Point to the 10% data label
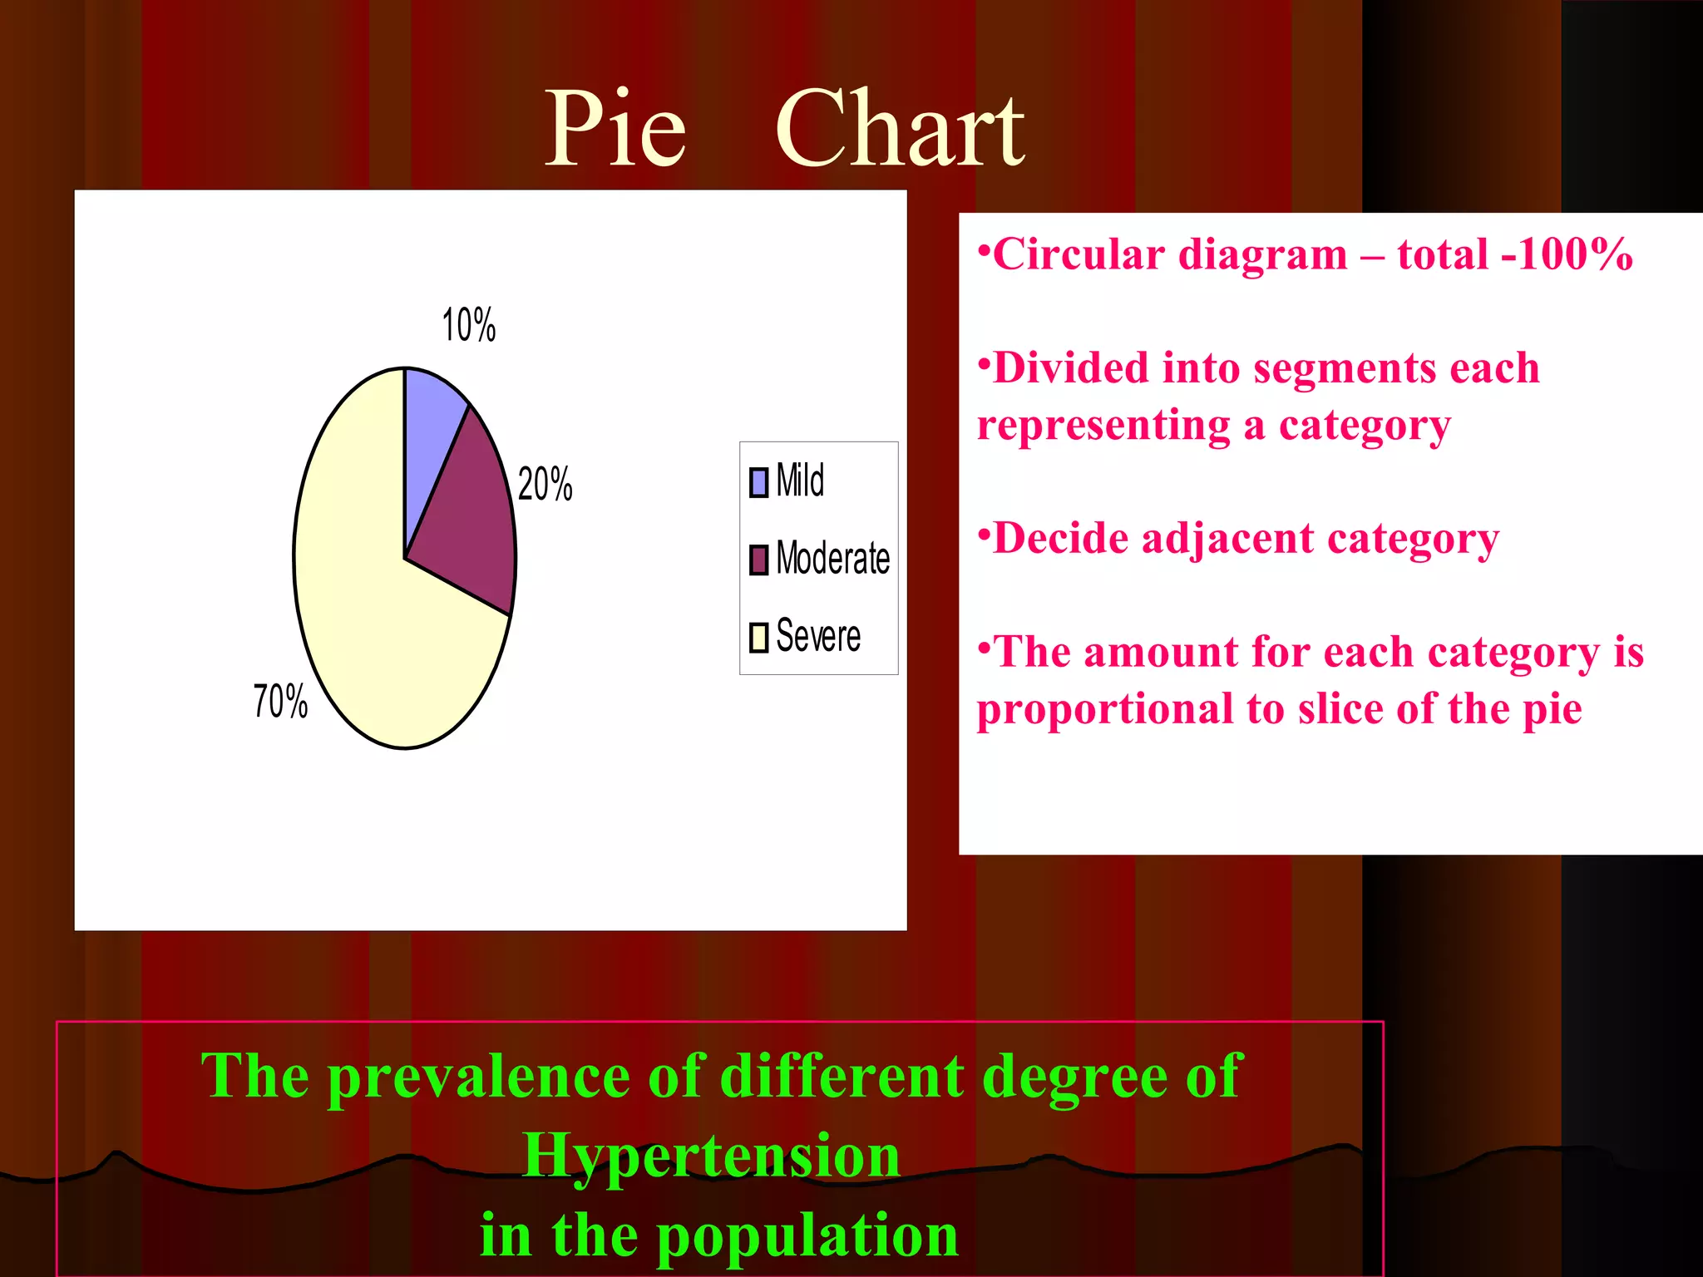coord(468,325)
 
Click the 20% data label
coord(545,484)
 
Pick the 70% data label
coord(280,701)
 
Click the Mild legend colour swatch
coord(758,482)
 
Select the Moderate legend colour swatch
coord(758,560)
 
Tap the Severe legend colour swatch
coord(758,638)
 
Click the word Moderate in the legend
coord(832,558)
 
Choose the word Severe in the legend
coord(818,637)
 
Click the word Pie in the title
coord(615,129)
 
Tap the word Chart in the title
coord(900,129)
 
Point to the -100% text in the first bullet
coord(1567,254)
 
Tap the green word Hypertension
coord(711,1155)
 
